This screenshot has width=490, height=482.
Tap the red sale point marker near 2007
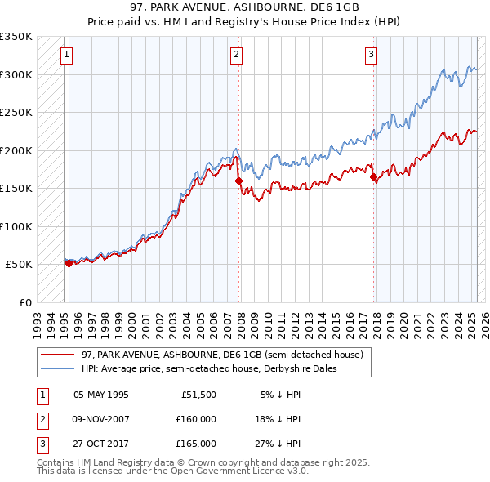tap(239, 181)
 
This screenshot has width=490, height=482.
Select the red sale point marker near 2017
tap(373, 176)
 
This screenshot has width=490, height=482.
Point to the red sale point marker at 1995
tap(69, 263)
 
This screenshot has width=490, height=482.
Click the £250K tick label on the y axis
tap(16, 112)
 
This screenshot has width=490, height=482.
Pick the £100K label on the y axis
tap(16, 226)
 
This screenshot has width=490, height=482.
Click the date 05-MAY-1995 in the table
tap(101, 395)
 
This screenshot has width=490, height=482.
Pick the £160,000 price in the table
tap(196, 419)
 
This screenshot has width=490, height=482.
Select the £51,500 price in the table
tap(198, 395)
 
